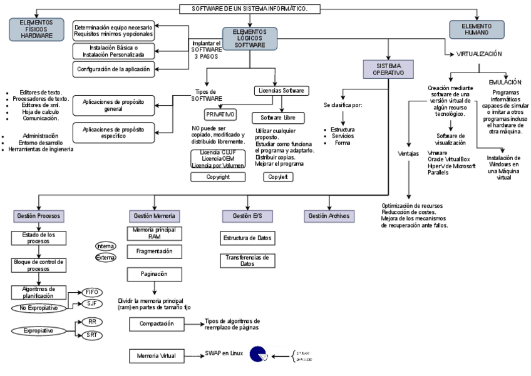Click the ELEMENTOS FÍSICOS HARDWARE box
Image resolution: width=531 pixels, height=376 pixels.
click(x=37, y=29)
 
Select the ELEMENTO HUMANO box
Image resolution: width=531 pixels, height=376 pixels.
click(x=477, y=29)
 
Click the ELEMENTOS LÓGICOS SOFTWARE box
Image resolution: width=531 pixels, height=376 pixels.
click(x=249, y=38)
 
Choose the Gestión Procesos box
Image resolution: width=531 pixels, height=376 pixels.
click(x=38, y=216)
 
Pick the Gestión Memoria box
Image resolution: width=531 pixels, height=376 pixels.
click(x=154, y=216)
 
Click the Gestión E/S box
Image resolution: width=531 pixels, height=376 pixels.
click(x=246, y=216)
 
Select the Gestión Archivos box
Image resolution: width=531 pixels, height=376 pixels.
click(x=329, y=216)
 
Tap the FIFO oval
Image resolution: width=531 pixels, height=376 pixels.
click(x=91, y=292)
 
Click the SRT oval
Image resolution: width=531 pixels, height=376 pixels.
click(x=91, y=335)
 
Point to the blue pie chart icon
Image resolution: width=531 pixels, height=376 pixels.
click(x=257, y=355)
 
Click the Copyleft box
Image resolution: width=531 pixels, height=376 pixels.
click(x=278, y=177)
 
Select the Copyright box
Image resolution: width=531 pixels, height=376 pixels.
click(x=218, y=177)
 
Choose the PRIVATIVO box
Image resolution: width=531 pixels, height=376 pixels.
click(x=220, y=114)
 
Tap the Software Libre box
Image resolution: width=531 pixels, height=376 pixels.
click(x=278, y=118)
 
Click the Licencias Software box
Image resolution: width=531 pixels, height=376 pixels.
click(x=281, y=91)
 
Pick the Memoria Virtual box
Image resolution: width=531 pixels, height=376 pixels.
click(x=157, y=356)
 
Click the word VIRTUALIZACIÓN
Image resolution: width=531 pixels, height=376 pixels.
click(x=479, y=54)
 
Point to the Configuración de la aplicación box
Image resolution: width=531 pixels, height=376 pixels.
click(x=113, y=69)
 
